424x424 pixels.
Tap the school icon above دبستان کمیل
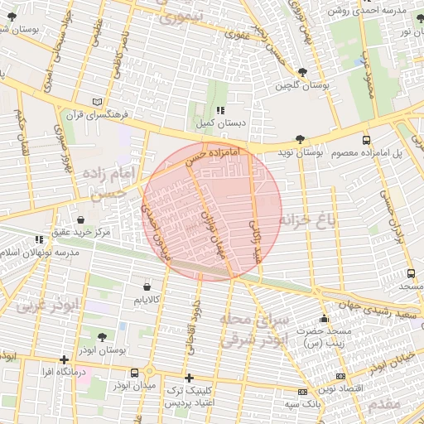[x=219, y=110]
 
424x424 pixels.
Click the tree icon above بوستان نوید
[x=298, y=140]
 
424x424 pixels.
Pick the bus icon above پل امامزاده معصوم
[x=365, y=140]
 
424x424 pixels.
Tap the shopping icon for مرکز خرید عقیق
[x=81, y=219]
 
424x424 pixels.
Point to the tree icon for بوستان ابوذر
[x=102, y=337]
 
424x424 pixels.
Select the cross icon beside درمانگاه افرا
[x=65, y=359]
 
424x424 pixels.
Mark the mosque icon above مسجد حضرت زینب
[x=323, y=319]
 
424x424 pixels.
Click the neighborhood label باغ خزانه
[x=310, y=220]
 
